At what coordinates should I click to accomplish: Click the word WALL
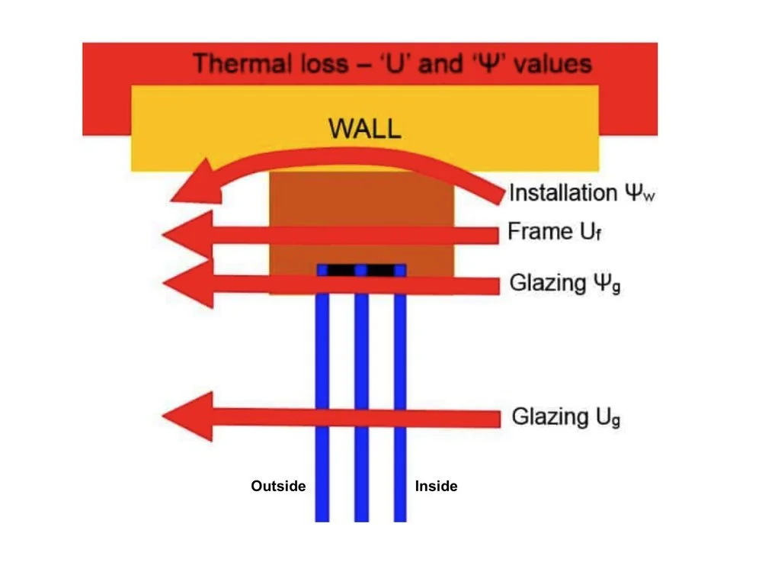coord(364,128)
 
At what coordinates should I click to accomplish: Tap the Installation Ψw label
coord(582,192)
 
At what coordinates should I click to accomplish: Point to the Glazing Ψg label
coord(561,284)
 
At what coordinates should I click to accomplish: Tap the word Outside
coord(278,486)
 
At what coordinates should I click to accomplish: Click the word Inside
coord(436,486)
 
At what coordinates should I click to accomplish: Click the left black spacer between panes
coord(342,270)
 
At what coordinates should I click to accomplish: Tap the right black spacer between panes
coord(381,270)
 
